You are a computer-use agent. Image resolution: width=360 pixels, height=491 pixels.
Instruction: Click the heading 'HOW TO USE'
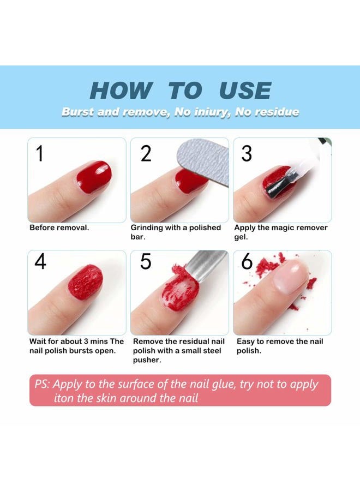(180, 91)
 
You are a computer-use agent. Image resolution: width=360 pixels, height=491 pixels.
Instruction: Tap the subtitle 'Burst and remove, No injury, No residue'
(180, 112)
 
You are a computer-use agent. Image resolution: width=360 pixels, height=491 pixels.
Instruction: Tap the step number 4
(40, 262)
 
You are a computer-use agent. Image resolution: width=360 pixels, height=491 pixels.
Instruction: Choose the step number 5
(146, 262)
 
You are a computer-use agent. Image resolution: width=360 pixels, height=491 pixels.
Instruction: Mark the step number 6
(247, 262)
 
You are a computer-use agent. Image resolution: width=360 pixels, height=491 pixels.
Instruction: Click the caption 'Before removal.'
(59, 227)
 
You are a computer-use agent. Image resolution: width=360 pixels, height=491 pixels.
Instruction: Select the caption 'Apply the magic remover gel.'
(281, 232)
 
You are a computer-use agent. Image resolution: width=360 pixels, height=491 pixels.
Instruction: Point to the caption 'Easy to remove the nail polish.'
(280, 346)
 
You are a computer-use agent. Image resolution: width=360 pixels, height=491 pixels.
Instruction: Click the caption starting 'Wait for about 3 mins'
(76, 346)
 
